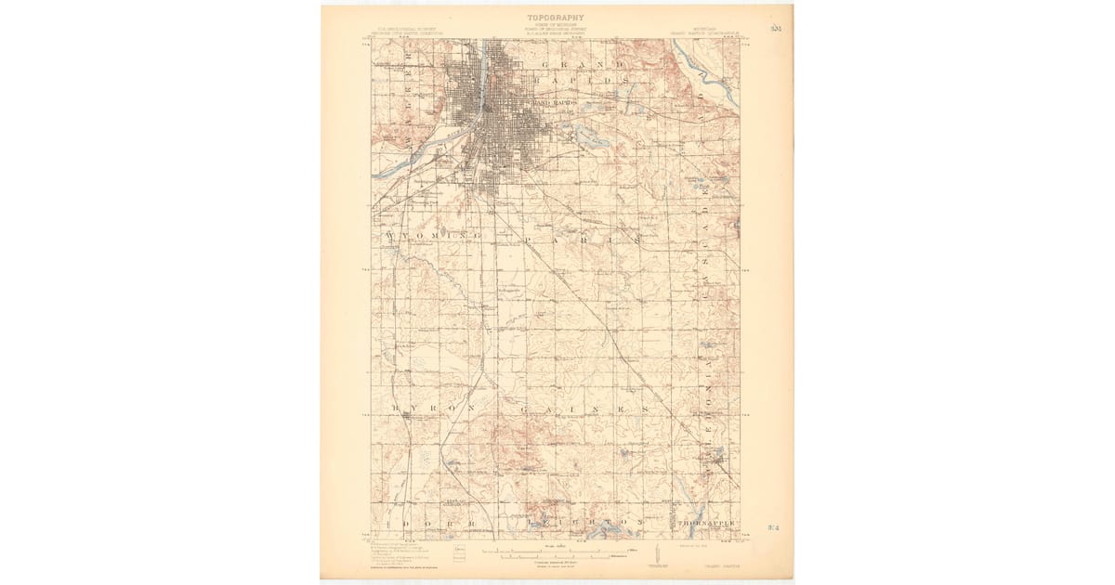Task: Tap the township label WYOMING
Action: (x=430, y=239)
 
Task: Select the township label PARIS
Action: (x=584, y=240)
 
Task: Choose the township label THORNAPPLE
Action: (x=709, y=525)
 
